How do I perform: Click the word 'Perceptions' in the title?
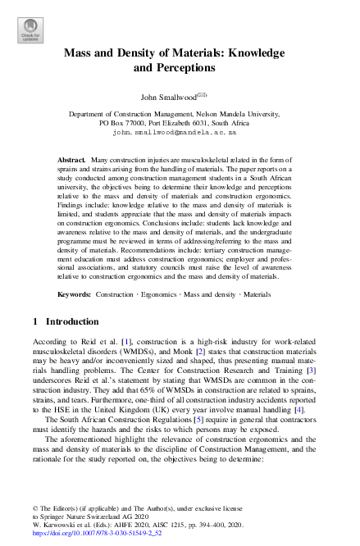pyautogui.click(x=175, y=68)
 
